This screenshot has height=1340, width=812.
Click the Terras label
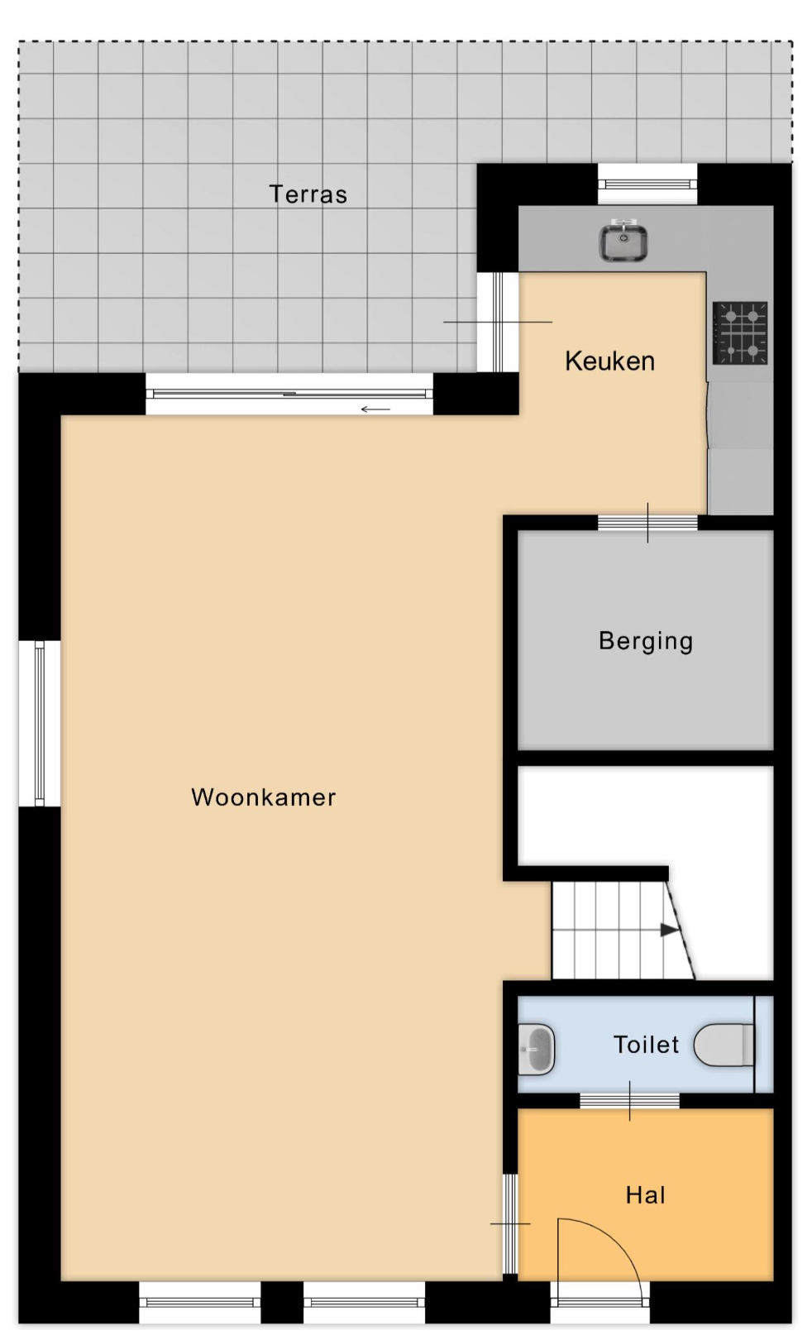pyautogui.click(x=308, y=194)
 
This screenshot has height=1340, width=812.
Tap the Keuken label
pyautogui.click(x=610, y=361)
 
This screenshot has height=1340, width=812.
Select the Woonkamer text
pyautogui.click(x=264, y=797)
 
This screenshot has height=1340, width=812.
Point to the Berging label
pyautogui.click(x=646, y=641)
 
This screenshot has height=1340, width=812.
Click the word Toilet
pyautogui.click(x=647, y=1045)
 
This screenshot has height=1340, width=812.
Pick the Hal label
pyautogui.click(x=646, y=1195)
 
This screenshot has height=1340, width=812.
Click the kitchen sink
pyautogui.click(x=623, y=240)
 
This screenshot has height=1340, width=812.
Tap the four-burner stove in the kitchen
pyautogui.click(x=740, y=333)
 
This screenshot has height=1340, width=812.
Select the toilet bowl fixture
pyautogui.click(x=724, y=1045)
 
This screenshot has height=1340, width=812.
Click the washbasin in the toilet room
pyautogui.click(x=537, y=1050)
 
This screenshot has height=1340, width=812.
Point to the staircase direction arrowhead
pyautogui.click(x=669, y=930)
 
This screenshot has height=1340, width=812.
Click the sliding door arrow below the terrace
pyautogui.click(x=375, y=409)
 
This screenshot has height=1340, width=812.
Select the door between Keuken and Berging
pyautogui.click(x=647, y=522)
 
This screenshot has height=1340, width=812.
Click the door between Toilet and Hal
pyautogui.click(x=629, y=1101)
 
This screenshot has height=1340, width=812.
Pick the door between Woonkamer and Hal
pyautogui.click(x=510, y=1223)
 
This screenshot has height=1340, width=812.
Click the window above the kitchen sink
pyautogui.click(x=647, y=184)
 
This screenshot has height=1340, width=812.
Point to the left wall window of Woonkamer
pyautogui.click(x=40, y=723)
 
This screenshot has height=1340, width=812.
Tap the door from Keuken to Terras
pyautogui.click(x=498, y=322)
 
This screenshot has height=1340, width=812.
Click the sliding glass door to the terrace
pyautogui.click(x=289, y=394)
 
